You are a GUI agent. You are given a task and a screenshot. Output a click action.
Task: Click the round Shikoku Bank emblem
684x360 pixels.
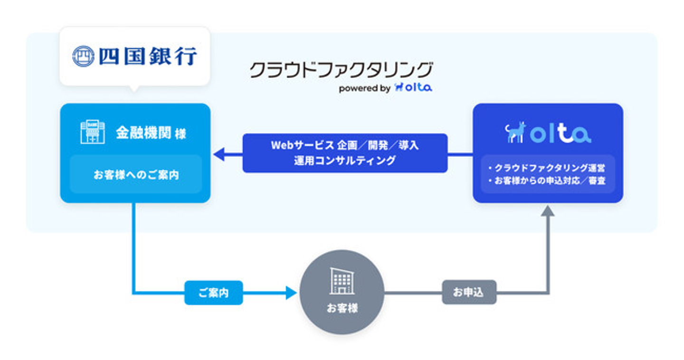[84, 56]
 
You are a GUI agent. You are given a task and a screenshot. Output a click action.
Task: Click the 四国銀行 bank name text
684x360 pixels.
[148, 56]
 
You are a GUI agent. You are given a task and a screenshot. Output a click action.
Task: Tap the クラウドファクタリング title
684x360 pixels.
[341, 70]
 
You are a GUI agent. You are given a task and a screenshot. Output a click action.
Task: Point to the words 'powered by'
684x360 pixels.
[364, 88]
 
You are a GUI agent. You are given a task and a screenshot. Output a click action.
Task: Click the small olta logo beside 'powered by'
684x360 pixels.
[413, 87]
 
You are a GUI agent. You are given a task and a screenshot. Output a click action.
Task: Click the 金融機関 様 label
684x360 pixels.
[151, 133]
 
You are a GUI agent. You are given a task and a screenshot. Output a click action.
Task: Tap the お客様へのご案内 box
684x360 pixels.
[135, 174]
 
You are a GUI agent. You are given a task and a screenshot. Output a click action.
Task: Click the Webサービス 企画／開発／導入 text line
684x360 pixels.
[344, 145]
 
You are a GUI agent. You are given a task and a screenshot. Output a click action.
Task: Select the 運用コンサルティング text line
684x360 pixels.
[344, 161]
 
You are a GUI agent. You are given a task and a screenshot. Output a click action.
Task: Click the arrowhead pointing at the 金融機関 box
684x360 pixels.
[219, 154]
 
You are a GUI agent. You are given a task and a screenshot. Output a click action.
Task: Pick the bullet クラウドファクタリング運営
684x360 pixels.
[547, 168]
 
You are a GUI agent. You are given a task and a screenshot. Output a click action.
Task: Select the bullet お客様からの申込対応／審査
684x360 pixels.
[547, 181]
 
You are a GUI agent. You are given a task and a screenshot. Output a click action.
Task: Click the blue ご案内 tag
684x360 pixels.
[213, 293]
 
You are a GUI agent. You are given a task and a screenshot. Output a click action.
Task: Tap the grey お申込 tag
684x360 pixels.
[469, 293]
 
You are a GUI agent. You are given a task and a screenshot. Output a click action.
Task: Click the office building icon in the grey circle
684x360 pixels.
[342, 281]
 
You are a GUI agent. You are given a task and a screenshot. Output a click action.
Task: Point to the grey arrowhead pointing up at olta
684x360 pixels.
[548, 211]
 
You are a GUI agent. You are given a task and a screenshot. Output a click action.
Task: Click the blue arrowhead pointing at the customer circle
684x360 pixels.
[290, 293]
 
